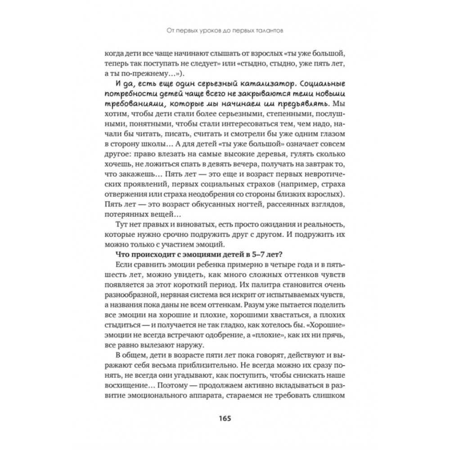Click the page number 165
tap(225, 418)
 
